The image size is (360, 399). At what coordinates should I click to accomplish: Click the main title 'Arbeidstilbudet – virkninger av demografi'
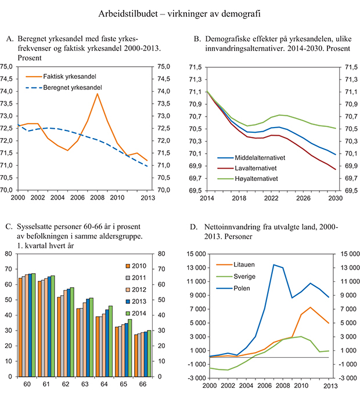[179, 12]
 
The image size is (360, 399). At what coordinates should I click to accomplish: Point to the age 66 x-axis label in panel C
[138, 385]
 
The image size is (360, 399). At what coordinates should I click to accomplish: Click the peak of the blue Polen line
[273, 265]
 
